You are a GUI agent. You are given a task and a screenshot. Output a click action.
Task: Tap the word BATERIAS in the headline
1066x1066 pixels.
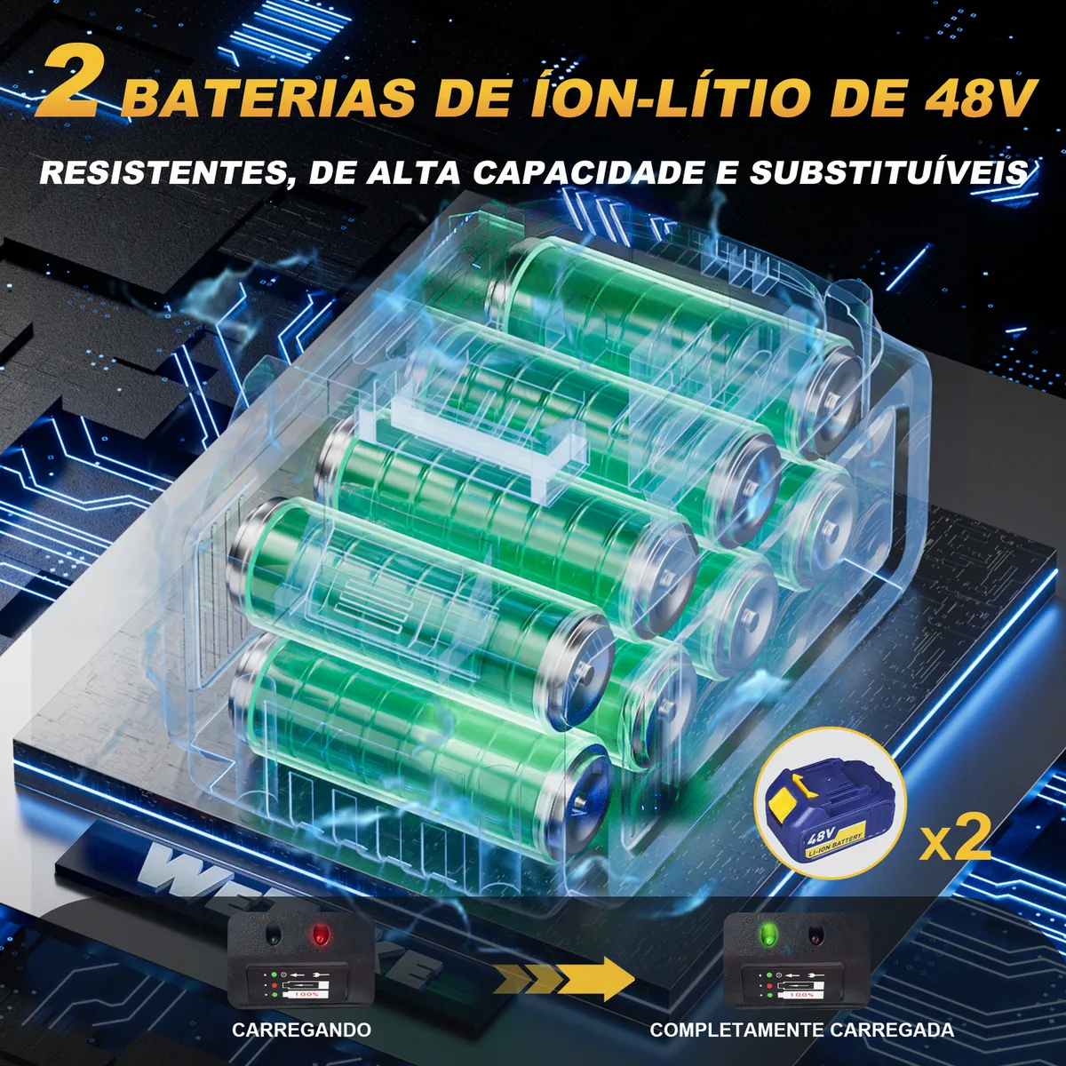pyautogui.click(x=267, y=97)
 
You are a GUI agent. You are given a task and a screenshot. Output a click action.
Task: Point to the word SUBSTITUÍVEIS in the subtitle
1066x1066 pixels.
pyautogui.click(x=892, y=171)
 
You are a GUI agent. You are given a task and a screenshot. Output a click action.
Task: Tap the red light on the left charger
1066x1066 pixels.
pyautogui.click(x=316, y=935)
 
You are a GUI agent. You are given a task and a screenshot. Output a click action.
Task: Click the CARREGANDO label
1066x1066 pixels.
pyautogui.click(x=302, y=1030)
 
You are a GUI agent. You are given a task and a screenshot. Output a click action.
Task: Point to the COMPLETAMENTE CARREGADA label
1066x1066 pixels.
pyautogui.click(x=802, y=1030)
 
